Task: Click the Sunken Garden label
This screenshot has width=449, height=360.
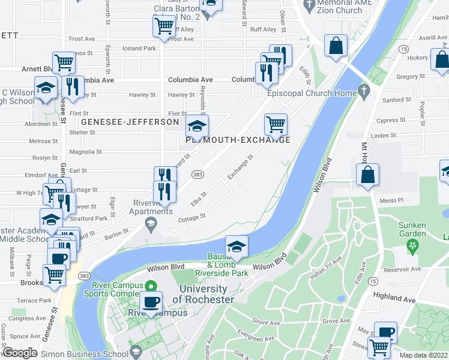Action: pos(412,229)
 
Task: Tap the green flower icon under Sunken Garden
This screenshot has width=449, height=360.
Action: pos(412,244)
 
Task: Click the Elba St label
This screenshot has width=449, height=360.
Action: pos(200,199)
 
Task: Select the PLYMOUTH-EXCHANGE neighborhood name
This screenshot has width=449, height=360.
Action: pos(238,140)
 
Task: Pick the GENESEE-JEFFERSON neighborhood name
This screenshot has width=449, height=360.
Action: pos(130,122)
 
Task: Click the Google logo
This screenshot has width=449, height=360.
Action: pos(20,353)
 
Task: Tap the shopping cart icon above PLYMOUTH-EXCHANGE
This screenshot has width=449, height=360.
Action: pos(276,124)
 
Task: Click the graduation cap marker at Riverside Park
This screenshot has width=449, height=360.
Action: pos(237,247)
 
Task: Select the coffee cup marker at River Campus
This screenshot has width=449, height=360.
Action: pos(151,302)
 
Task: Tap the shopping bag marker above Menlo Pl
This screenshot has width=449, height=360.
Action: pos(367,175)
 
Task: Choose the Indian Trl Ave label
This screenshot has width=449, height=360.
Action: pos(325,268)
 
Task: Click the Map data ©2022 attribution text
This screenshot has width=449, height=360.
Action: pos(424,355)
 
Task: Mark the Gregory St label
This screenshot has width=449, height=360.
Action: pos(411,77)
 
